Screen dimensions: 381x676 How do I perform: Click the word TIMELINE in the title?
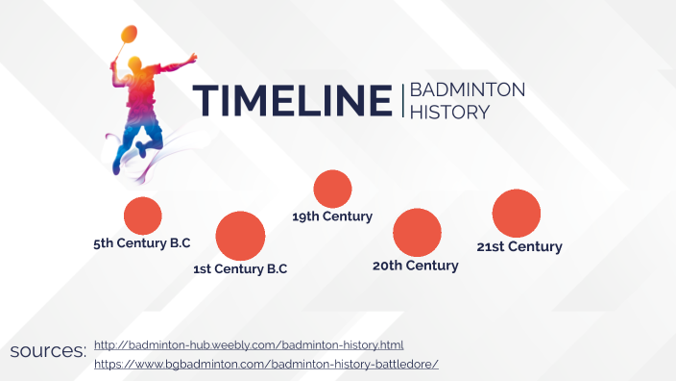click(x=292, y=101)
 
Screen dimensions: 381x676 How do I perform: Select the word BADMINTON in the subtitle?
click(x=468, y=90)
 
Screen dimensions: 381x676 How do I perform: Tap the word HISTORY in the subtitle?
click(x=449, y=113)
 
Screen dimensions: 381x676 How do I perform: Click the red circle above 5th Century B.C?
click(x=142, y=216)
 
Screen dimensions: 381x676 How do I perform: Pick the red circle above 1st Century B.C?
click(x=240, y=236)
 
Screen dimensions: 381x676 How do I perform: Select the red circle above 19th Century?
click(x=332, y=189)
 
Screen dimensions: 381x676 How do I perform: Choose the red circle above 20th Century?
click(x=417, y=232)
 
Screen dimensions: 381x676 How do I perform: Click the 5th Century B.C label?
click(x=142, y=243)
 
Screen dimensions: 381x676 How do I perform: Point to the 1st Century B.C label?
click(x=240, y=269)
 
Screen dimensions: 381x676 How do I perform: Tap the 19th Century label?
click(x=332, y=216)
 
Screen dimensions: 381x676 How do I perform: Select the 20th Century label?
click(x=416, y=266)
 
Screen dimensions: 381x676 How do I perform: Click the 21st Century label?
click(x=519, y=246)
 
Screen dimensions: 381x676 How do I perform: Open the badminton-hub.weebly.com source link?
click(x=249, y=344)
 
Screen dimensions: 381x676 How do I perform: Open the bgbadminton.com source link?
click(x=266, y=364)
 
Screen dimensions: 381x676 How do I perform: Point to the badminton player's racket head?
click(x=127, y=37)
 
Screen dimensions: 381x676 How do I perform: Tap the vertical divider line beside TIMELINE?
click(x=401, y=101)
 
